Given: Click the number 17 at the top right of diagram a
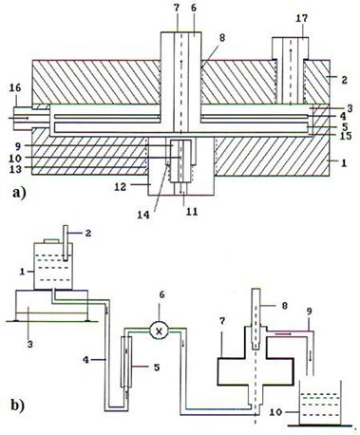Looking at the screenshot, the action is (x=302, y=18).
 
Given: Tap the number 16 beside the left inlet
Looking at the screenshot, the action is (x=15, y=87).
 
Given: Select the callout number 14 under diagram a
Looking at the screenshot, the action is (x=143, y=215).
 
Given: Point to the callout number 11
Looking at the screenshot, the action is (x=192, y=211).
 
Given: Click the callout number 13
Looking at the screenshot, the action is (x=15, y=169).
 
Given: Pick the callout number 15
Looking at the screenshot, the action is (x=345, y=136).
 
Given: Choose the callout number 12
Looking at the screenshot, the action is (x=121, y=186).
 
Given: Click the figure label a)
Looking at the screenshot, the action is (x=19, y=192).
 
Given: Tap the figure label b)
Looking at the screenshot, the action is (x=18, y=405).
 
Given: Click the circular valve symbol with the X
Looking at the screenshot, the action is (x=160, y=331).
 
